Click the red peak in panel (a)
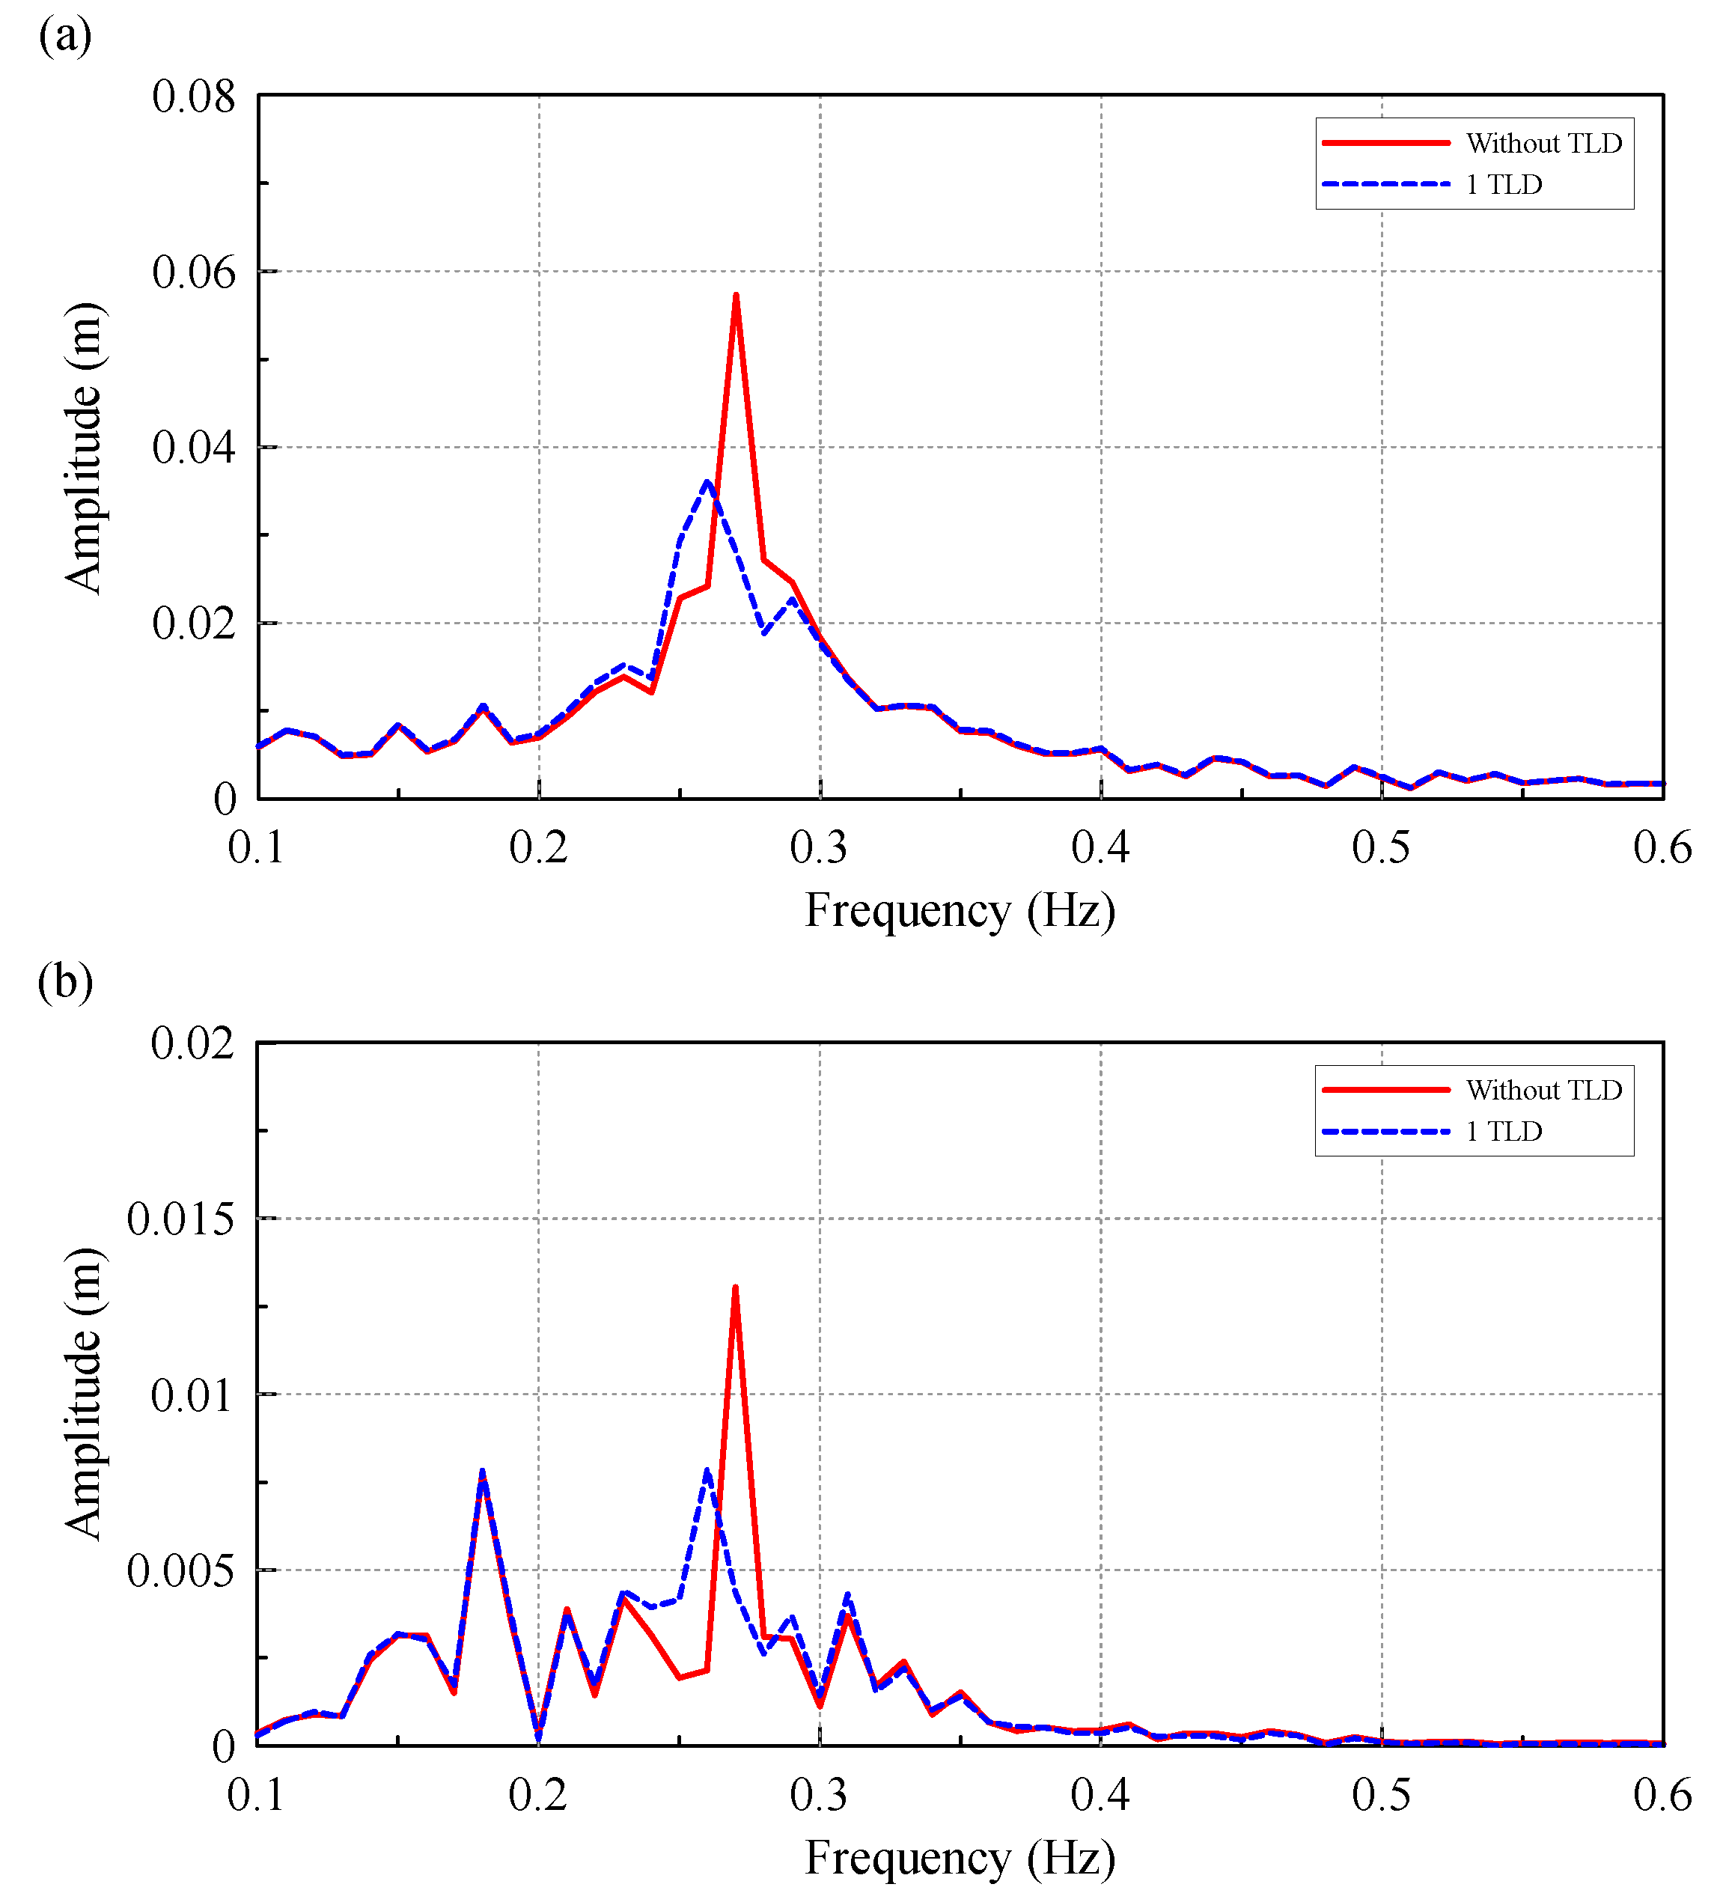[x=735, y=296]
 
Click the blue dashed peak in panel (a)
[x=707, y=482]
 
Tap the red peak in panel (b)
[x=735, y=1287]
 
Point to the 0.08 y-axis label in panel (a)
[x=193, y=97]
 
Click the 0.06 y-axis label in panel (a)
[x=193, y=272]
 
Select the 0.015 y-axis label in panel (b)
[x=180, y=1219]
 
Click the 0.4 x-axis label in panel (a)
[x=1100, y=847]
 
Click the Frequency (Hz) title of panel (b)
[x=960, y=1858]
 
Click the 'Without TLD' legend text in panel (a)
[x=1543, y=144]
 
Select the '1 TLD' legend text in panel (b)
[x=1504, y=1131]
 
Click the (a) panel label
[x=65, y=36]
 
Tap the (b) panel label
[x=65, y=981]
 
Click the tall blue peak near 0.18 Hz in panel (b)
[x=482, y=1472]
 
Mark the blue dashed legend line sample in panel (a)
[x=1385, y=184]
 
